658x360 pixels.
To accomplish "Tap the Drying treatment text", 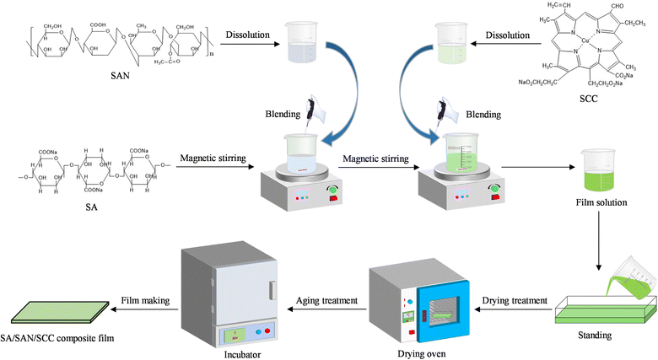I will click(x=512, y=301).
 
